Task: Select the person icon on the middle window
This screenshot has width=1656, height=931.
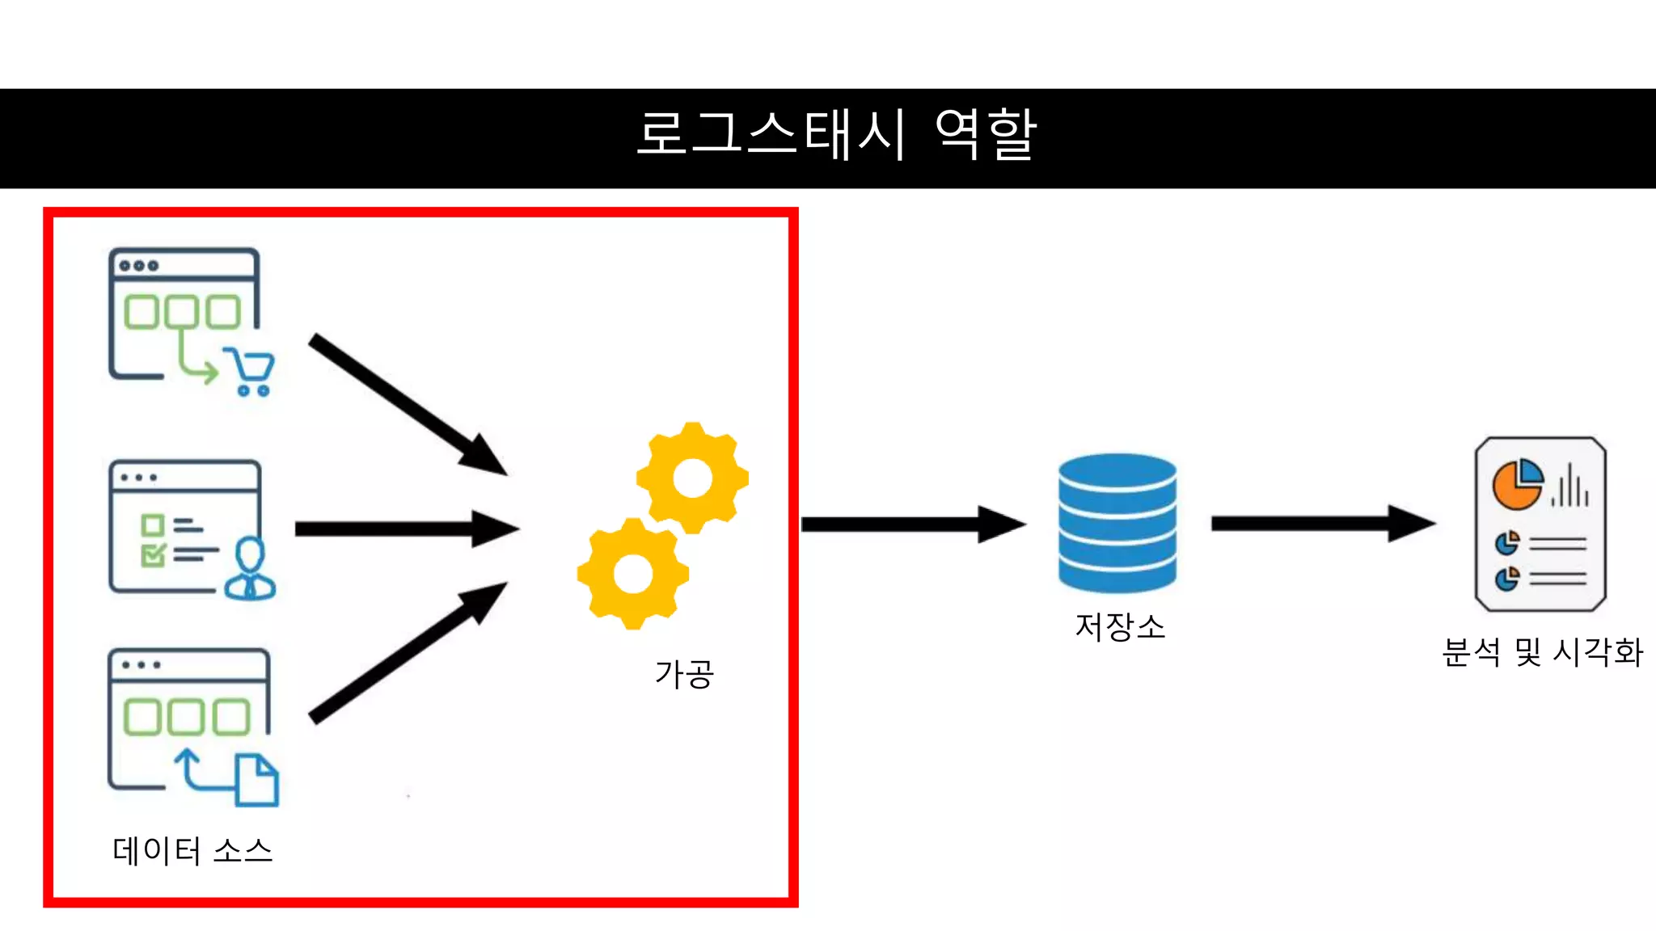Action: (250, 569)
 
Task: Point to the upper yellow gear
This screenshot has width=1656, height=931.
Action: (692, 478)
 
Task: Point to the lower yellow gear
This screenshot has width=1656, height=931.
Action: (633, 574)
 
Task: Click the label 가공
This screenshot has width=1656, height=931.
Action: (684, 673)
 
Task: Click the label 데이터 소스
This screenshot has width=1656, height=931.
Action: (192, 851)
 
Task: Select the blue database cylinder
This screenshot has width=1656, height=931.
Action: (1117, 522)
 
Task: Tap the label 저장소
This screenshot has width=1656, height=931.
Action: (1120, 627)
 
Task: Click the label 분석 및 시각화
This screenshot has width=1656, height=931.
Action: (1542, 652)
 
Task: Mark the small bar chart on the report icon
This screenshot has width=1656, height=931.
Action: (1570, 487)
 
